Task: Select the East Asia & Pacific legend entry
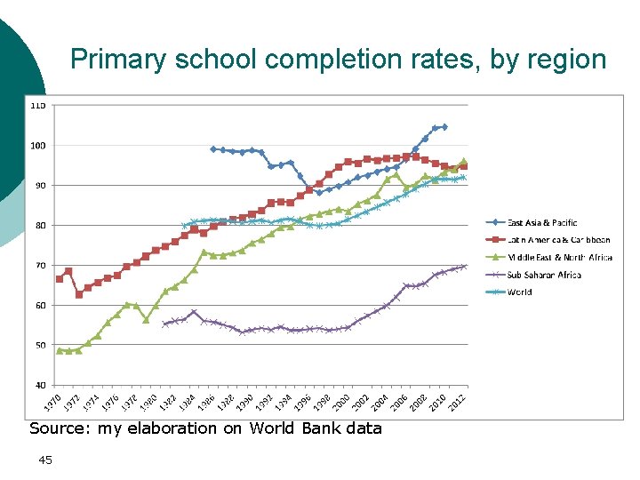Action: tap(542, 222)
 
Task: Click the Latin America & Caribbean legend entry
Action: tap(558, 240)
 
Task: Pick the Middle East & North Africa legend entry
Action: tap(560, 258)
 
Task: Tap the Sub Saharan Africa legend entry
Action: tap(543, 275)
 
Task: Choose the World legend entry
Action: tap(519, 292)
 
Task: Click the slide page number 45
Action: tap(45, 460)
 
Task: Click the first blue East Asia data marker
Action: tap(213, 148)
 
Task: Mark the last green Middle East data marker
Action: tap(463, 161)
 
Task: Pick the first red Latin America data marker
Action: tap(60, 278)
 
